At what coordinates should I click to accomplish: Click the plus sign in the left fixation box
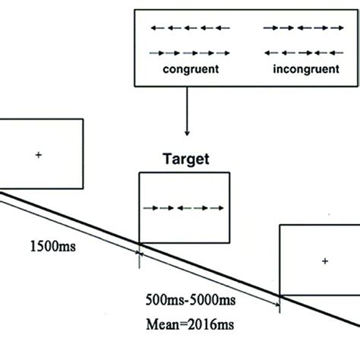tap(38, 155)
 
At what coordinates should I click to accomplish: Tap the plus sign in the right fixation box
tap(325, 261)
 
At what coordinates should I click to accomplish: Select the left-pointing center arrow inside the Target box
tap(185, 207)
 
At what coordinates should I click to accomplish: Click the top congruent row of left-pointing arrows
tap(190, 28)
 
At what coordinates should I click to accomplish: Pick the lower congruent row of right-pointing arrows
tap(190, 53)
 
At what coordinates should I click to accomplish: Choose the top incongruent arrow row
tap(297, 28)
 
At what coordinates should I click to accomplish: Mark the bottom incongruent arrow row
tap(297, 53)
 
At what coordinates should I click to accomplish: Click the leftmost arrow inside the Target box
tap(150, 207)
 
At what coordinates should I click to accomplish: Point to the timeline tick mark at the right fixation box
tap(280, 304)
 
